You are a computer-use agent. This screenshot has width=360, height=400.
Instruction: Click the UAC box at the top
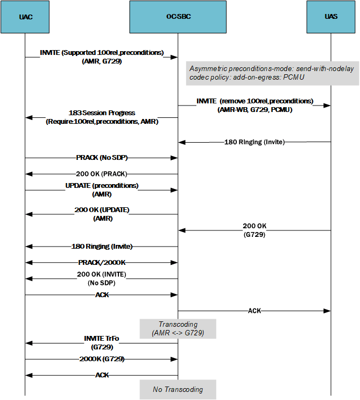[x=25, y=17]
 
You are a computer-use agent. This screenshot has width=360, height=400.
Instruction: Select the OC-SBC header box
[x=178, y=17]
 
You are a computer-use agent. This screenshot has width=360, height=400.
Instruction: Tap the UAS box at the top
[x=331, y=17]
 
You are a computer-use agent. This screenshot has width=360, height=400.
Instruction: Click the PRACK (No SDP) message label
[x=102, y=158]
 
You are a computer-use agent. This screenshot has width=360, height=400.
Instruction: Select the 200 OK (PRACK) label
[x=102, y=174]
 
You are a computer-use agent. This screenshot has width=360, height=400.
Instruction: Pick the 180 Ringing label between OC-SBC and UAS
[x=254, y=142]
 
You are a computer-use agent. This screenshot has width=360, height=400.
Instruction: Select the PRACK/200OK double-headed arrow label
[x=102, y=263]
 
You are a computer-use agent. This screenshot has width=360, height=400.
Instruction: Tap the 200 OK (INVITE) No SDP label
[x=102, y=278]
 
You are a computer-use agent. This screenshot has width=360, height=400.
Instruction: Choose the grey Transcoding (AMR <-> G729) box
[x=178, y=328]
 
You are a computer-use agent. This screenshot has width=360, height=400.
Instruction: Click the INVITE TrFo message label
[x=102, y=342]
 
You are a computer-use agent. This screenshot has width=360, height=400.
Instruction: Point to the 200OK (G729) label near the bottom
[x=102, y=359]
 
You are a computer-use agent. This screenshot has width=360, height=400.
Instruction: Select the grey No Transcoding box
[x=178, y=389]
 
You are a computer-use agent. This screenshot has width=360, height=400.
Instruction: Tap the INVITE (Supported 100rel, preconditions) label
[x=102, y=57]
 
